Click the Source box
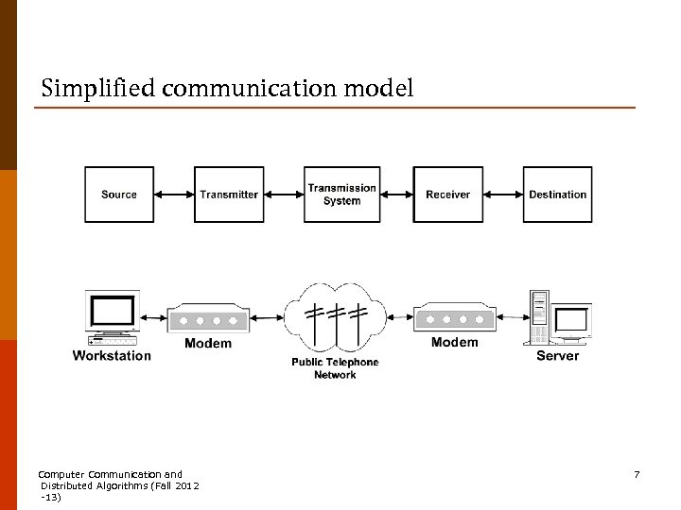coord(119,195)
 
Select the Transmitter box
coord(229,195)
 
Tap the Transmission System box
coord(341,195)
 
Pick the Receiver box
coord(447,195)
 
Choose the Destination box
coord(557,195)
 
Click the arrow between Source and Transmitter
coord(174,195)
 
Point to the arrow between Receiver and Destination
coord(503,195)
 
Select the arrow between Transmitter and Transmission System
coord(284,195)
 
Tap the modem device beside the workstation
coord(207,318)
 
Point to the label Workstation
coord(112,356)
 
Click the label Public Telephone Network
coord(335,368)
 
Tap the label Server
coord(557,356)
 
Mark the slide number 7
coord(637,474)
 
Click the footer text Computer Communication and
coord(110,474)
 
